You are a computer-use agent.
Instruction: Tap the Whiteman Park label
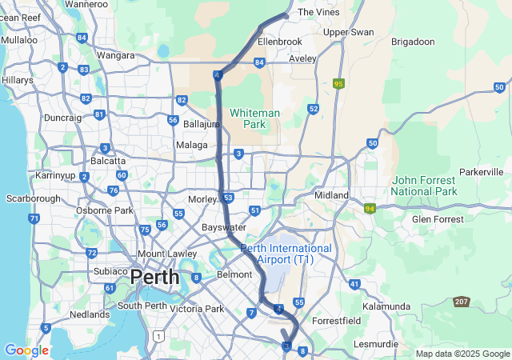(255, 118)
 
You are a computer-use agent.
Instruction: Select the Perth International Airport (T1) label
(286, 254)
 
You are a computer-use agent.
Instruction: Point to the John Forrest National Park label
(424, 186)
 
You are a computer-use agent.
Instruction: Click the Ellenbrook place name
(280, 41)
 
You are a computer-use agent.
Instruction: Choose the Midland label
(332, 195)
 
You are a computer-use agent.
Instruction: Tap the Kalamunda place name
(386, 306)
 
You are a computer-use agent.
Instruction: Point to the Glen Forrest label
(437, 218)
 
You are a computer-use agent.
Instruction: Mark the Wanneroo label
(86, 4)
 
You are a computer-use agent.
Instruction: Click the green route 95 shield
(339, 83)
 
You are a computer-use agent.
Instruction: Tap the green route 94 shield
(370, 209)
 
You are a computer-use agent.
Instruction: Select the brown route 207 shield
(462, 301)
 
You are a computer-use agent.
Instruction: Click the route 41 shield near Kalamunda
(354, 284)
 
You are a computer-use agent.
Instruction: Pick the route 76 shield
(114, 190)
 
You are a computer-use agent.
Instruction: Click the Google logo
(26, 350)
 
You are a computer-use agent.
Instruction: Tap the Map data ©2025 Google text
(462, 354)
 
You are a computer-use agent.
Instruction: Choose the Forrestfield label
(336, 320)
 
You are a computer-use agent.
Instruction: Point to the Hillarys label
(18, 81)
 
